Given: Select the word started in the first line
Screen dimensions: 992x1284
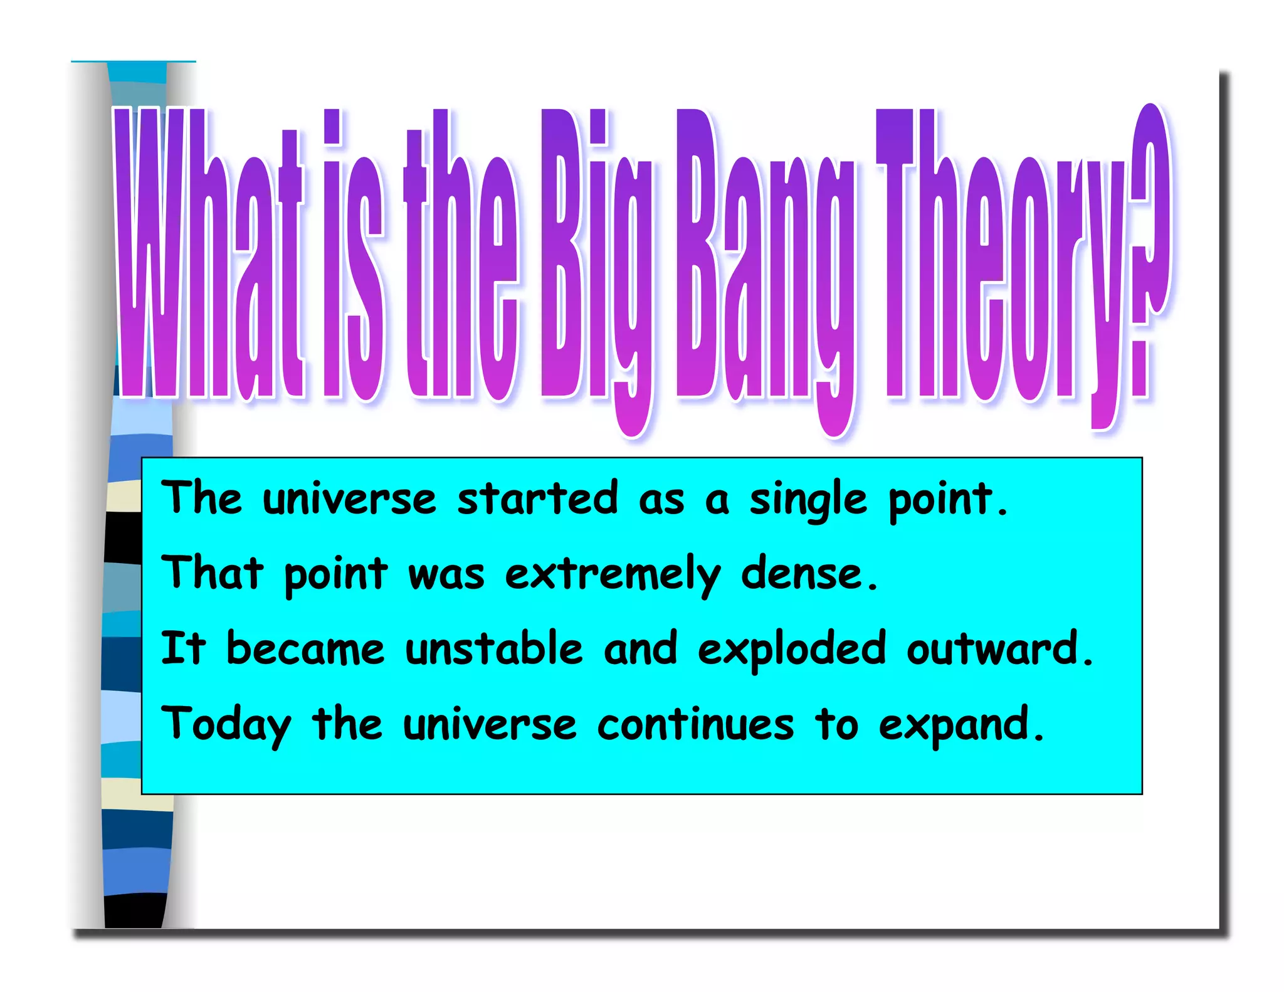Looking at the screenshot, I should pos(537,499).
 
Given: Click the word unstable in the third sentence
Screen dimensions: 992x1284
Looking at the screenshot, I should pos(493,649).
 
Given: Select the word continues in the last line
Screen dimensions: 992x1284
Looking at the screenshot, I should pos(695,724).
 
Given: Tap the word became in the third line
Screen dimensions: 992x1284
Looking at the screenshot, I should pos(305,649).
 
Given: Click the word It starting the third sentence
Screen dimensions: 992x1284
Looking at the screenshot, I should pos(183,649).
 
